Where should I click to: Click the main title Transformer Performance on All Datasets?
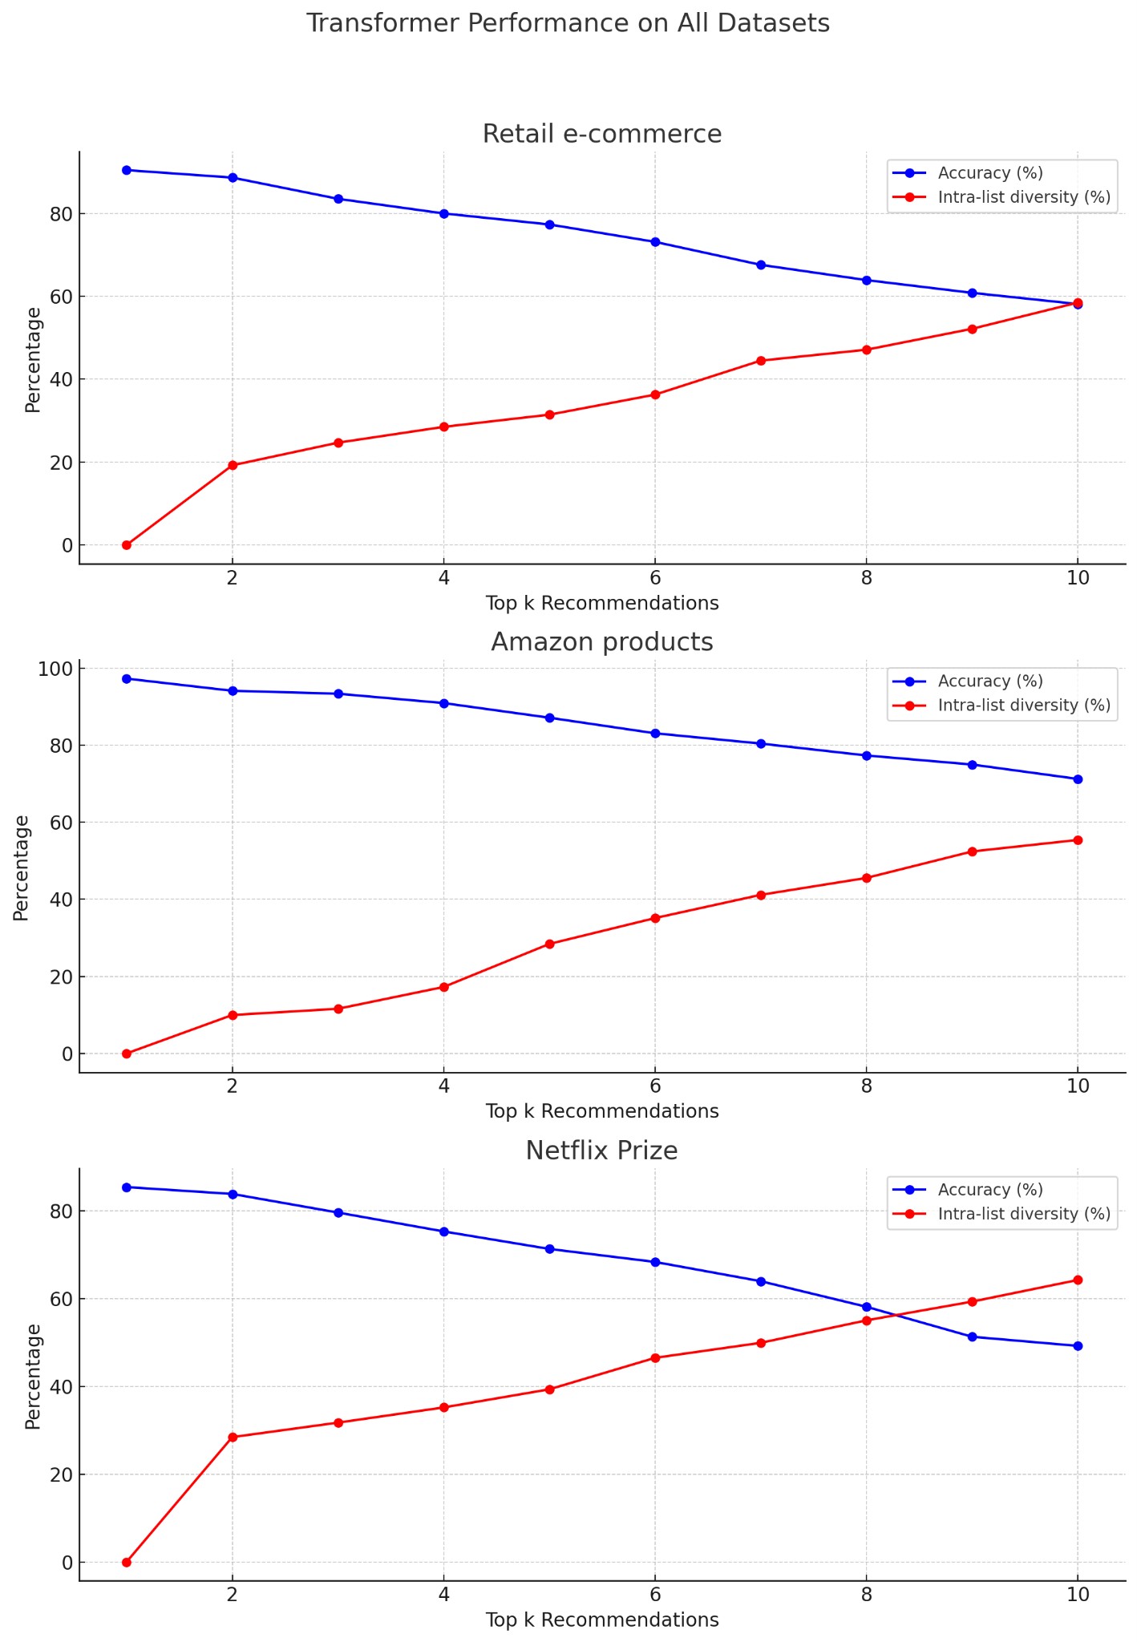click(x=568, y=23)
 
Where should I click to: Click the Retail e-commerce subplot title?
click(x=601, y=134)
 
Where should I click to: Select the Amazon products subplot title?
click(x=601, y=642)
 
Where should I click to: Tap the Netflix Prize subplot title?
click(x=601, y=1151)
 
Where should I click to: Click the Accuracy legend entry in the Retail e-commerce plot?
click(x=989, y=172)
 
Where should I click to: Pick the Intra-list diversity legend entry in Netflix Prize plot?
click(x=1023, y=1214)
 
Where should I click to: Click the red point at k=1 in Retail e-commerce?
click(x=127, y=545)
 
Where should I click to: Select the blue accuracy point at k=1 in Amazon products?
click(x=127, y=678)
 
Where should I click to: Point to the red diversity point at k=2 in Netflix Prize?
click(x=233, y=1437)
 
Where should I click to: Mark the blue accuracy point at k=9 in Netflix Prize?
click(x=972, y=1337)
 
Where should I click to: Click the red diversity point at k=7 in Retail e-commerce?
click(x=761, y=361)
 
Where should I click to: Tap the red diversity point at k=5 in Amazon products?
click(x=549, y=944)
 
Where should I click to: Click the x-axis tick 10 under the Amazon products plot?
click(x=1078, y=1086)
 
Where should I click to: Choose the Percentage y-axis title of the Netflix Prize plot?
click(x=33, y=1376)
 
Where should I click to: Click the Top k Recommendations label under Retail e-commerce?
click(x=601, y=603)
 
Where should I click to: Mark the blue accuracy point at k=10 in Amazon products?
click(x=1078, y=779)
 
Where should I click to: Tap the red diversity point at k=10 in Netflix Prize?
click(x=1078, y=1280)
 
